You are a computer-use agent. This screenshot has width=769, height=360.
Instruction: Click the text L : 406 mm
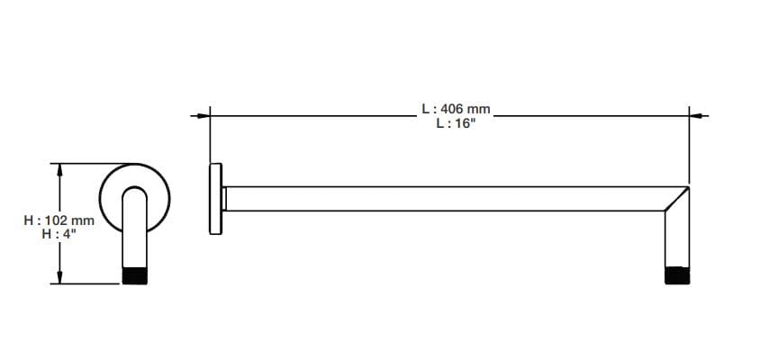(x=455, y=108)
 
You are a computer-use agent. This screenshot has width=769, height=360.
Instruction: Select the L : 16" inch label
(x=455, y=124)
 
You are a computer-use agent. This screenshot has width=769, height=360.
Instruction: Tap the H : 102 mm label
(x=59, y=220)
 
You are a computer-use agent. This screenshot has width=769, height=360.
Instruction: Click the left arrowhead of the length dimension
(x=204, y=115)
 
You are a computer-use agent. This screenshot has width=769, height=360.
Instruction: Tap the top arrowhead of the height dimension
(x=60, y=168)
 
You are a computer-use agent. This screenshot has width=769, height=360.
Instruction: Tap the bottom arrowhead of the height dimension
(x=60, y=278)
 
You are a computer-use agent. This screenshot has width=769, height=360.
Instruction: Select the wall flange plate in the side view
(x=215, y=199)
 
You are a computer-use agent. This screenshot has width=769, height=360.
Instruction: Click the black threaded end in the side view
(x=677, y=275)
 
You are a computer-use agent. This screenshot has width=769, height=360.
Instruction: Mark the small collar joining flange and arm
(x=224, y=199)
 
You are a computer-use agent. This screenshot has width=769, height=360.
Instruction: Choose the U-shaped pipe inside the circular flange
(x=134, y=220)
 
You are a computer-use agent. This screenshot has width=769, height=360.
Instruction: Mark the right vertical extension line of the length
(x=690, y=148)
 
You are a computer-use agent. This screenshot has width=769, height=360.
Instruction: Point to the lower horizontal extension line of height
(x=90, y=283)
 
